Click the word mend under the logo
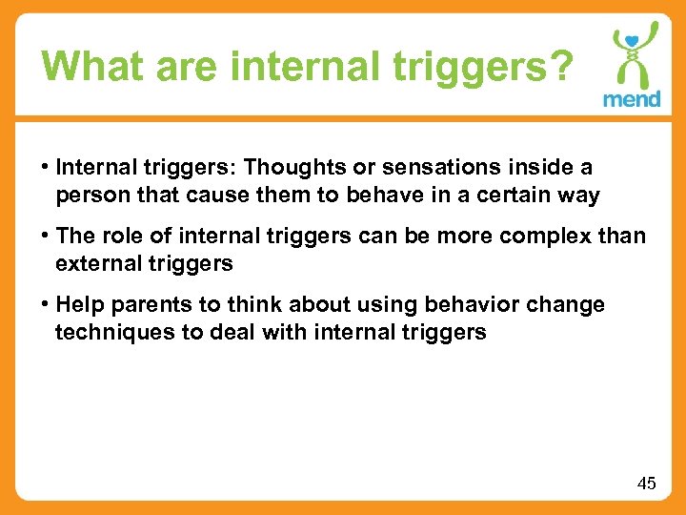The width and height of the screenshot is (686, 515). click(x=632, y=99)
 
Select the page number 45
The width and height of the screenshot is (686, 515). click(x=646, y=484)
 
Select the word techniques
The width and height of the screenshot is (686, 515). click(x=105, y=332)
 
